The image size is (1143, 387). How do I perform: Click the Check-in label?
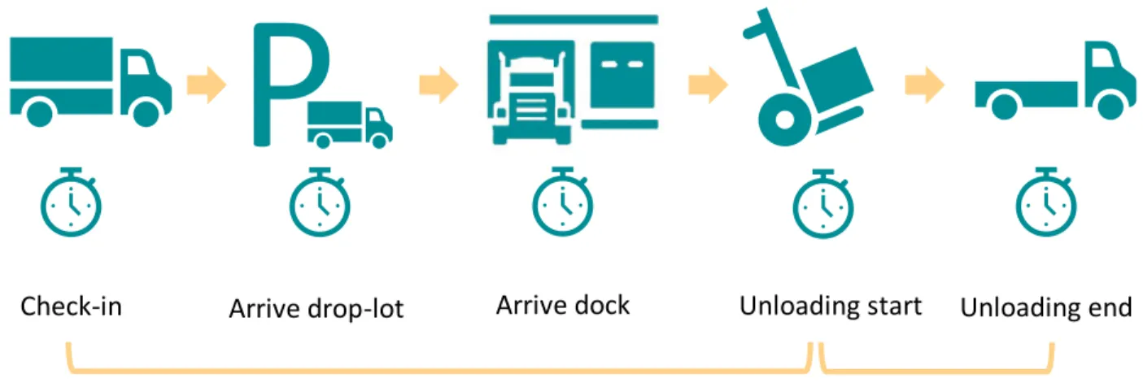pyautogui.click(x=71, y=307)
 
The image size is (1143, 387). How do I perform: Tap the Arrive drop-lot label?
pyautogui.click(x=316, y=308)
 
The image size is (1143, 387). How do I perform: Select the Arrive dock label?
pyautogui.click(x=563, y=306)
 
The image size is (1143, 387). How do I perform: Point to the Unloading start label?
pyautogui.click(x=831, y=306)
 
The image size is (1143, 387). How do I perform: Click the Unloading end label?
pyautogui.click(x=1046, y=307)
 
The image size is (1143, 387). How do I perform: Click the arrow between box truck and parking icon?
pyautogui.click(x=206, y=85)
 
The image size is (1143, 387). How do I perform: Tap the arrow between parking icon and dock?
pyautogui.click(x=438, y=85)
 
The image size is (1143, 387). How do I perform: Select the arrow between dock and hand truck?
pyautogui.click(x=709, y=85)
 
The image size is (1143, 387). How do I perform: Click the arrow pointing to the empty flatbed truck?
pyautogui.click(x=925, y=85)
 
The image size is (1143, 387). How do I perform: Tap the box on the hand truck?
pyautogui.click(x=837, y=80)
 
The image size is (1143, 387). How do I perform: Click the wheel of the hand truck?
pyautogui.click(x=784, y=120)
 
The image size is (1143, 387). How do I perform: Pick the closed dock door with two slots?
pyautogui.click(x=622, y=75)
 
